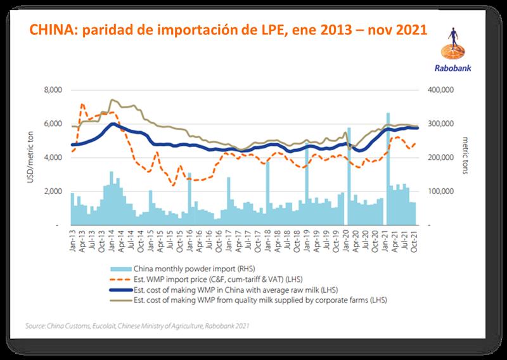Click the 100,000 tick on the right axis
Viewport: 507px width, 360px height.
439,191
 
